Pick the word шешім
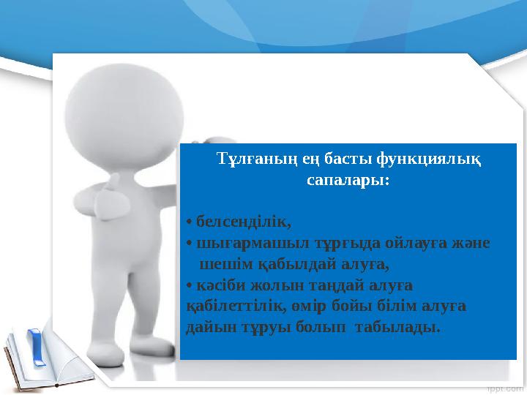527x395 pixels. [x=220, y=263]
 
